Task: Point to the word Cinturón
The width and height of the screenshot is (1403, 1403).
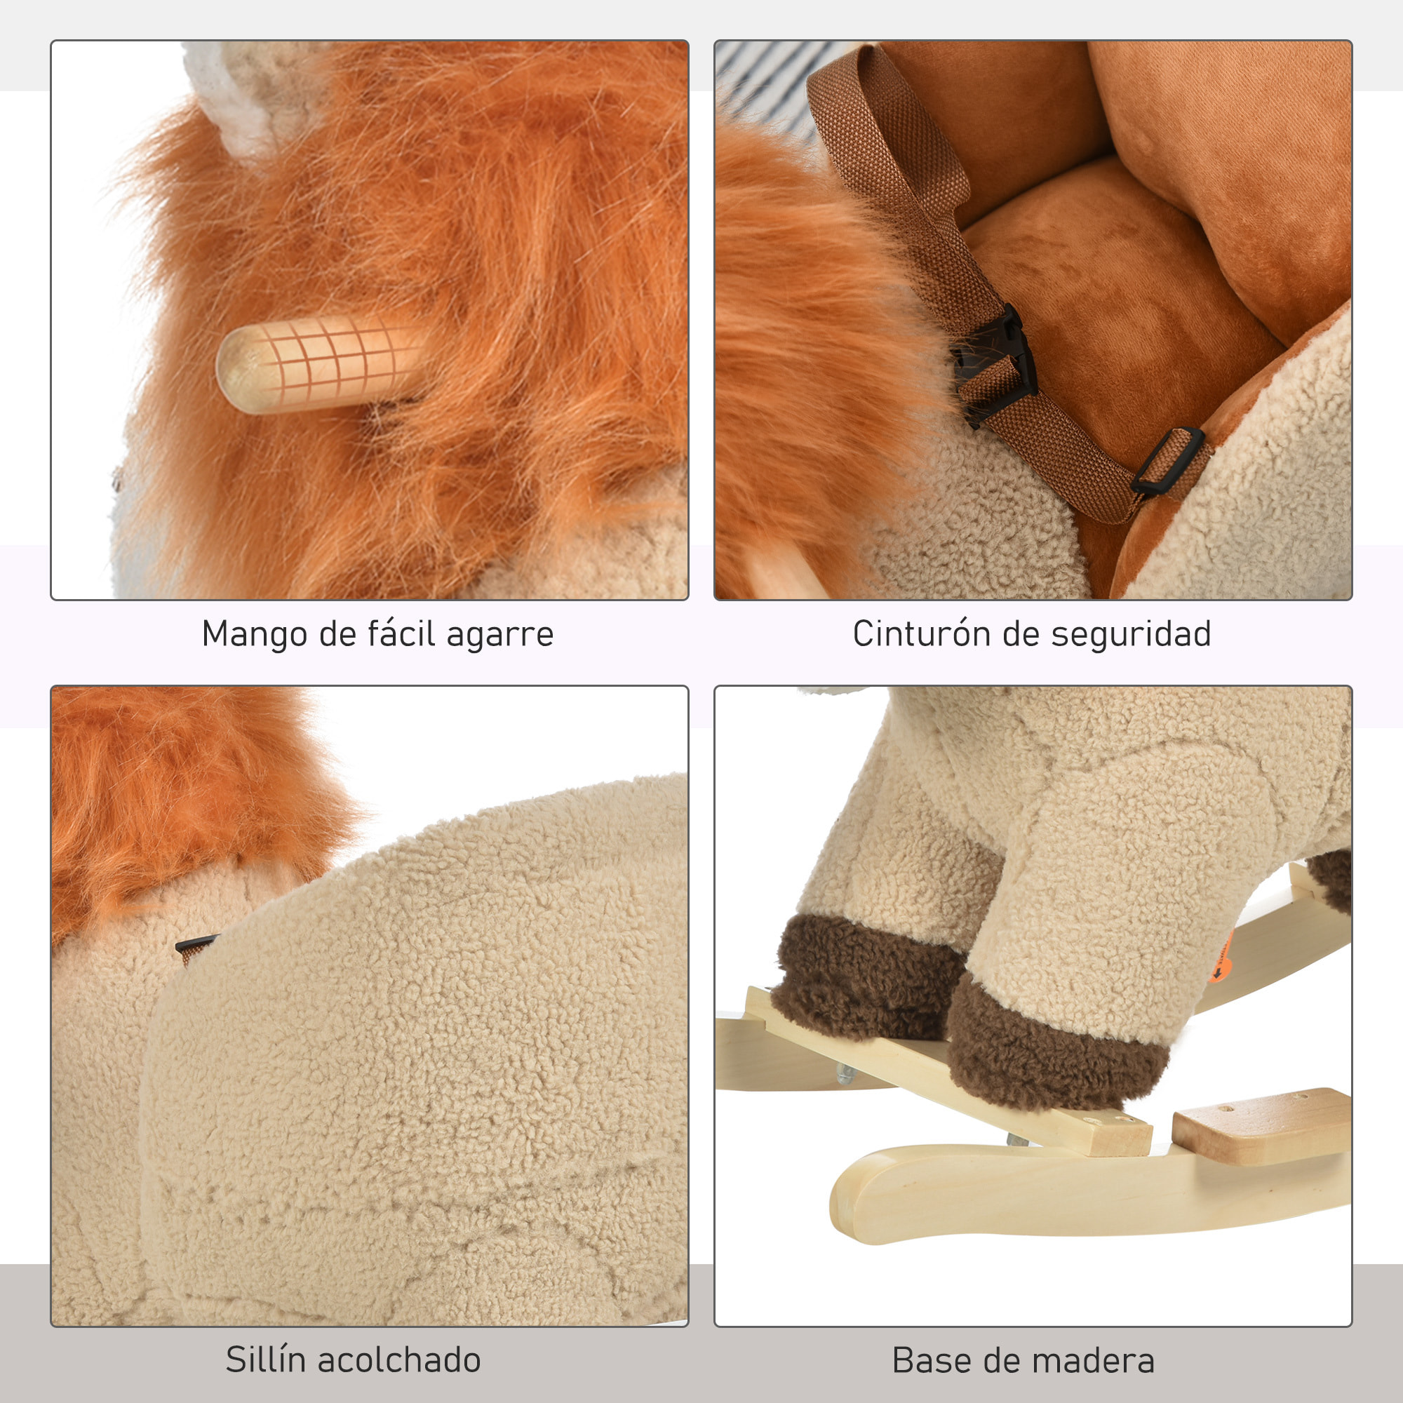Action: (922, 634)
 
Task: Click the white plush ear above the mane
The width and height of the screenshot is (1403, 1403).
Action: (254, 95)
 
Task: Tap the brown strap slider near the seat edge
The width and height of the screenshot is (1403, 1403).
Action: (1167, 462)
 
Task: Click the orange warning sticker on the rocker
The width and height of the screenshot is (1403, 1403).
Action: (1220, 956)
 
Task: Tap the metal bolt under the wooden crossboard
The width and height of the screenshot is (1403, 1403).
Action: (844, 1094)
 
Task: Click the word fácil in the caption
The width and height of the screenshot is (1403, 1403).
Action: (405, 634)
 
